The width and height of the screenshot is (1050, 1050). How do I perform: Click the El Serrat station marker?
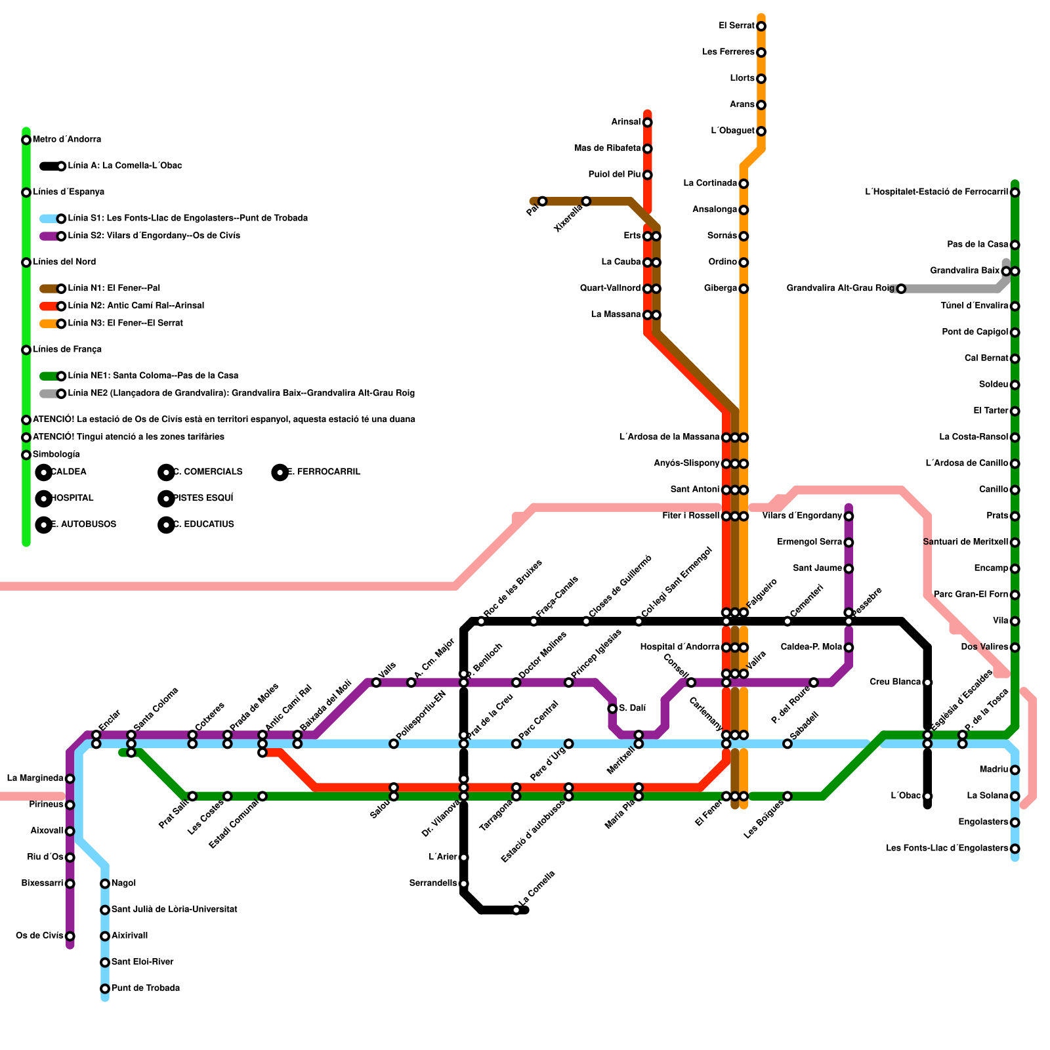click(761, 26)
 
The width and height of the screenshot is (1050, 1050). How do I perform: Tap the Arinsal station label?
click(625, 122)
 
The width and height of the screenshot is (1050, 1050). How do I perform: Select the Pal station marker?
click(542, 201)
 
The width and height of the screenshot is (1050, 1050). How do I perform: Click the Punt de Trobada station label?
click(145, 988)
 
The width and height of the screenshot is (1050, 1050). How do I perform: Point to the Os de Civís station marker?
click(70, 936)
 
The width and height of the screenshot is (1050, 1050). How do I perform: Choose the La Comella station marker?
click(516, 910)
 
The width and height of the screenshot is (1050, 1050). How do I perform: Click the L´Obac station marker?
click(927, 796)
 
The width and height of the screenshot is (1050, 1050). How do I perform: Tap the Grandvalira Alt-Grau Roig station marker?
click(901, 289)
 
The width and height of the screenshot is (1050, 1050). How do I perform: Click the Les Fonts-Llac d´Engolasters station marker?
click(1015, 849)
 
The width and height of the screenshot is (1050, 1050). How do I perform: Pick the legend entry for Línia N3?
click(125, 324)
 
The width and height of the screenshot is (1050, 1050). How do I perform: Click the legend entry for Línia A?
click(125, 166)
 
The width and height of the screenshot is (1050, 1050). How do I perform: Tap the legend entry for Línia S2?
click(154, 236)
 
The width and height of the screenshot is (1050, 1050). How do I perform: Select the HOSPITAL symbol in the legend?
click(44, 499)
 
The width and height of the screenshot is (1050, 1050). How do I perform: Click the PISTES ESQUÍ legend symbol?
click(166, 499)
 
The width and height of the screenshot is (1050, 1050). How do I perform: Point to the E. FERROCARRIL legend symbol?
click(280, 472)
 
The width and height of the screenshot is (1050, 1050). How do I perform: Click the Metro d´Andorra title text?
click(66, 140)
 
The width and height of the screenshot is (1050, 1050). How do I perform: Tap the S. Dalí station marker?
click(612, 709)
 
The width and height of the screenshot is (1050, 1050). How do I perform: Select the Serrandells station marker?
click(464, 883)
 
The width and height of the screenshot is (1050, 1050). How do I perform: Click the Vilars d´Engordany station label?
click(802, 516)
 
